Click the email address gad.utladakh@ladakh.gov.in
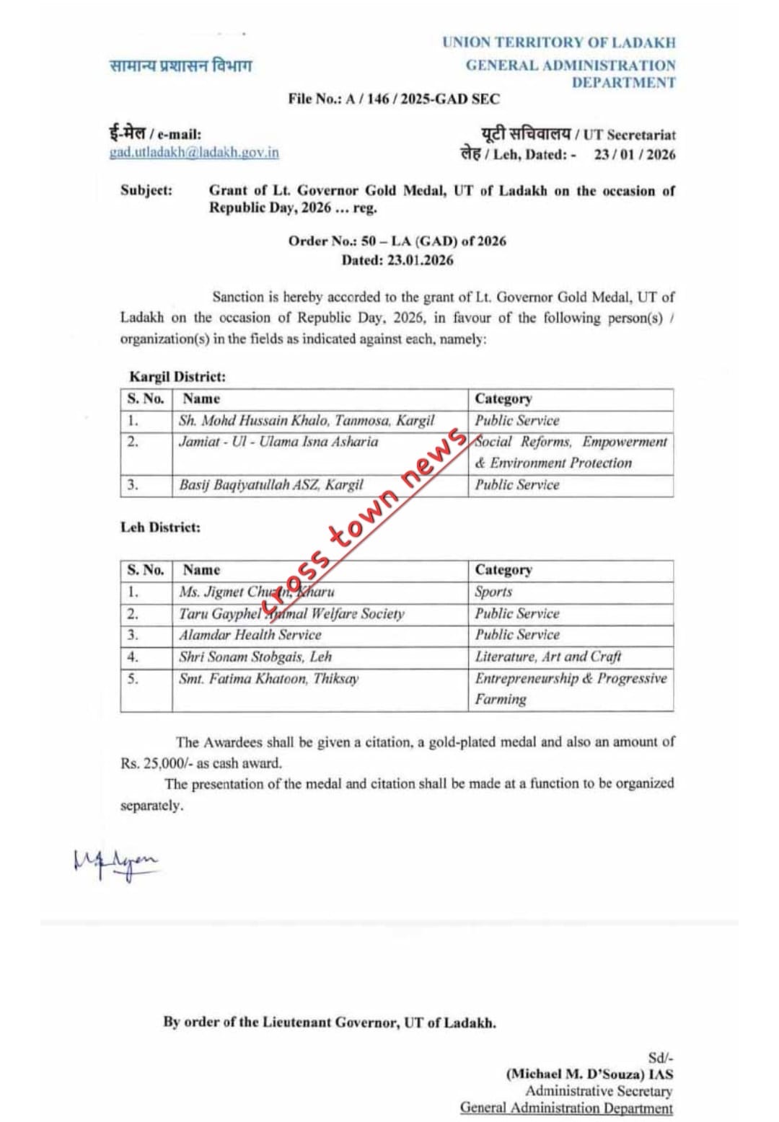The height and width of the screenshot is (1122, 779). click(x=193, y=153)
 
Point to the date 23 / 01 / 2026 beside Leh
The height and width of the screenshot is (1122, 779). click(x=635, y=154)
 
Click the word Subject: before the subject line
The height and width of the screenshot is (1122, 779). click(x=146, y=191)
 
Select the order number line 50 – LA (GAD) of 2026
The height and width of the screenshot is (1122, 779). click(x=397, y=241)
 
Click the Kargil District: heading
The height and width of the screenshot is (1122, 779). click(x=177, y=376)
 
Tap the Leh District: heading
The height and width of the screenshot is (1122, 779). click(x=160, y=527)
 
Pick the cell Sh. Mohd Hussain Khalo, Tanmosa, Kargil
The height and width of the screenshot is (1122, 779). click(x=307, y=420)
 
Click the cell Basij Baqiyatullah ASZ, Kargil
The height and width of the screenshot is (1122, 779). click(x=271, y=485)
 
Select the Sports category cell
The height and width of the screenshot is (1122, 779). click(x=493, y=592)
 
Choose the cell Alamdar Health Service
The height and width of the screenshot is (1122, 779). click(x=250, y=635)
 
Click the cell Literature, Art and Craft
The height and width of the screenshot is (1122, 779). click(x=547, y=656)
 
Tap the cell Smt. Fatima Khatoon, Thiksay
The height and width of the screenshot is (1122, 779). click(x=268, y=679)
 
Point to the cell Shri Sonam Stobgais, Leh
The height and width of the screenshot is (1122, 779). click(x=255, y=656)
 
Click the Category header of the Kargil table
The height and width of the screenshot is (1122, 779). click(x=503, y=399)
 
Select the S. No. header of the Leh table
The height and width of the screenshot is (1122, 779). click(x=146, y=570)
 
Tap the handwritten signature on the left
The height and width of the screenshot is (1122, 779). click(x=115, y=863)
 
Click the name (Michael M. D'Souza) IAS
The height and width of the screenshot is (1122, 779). click(x=589, y=1074)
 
